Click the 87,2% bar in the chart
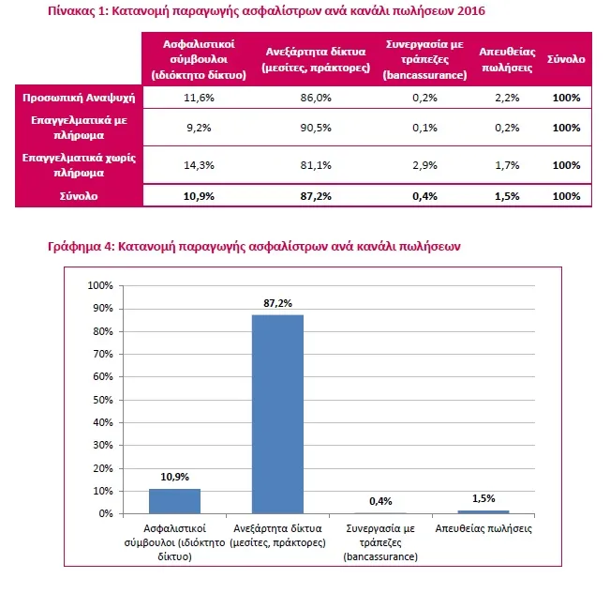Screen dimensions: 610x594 click(x=277, y=414)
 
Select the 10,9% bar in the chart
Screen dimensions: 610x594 click(x=174, y=501)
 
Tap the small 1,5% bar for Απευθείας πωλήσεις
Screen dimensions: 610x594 click(x=484, y=511)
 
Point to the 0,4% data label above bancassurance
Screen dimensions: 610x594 click(x=380, y=501)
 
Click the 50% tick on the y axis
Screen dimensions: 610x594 click(x=103, y=400)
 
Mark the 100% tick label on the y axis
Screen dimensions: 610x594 click(x=100, y=285)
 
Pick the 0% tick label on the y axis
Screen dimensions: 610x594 click(x=106, y=513)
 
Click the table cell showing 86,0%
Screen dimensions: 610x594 click(x=316, y=98)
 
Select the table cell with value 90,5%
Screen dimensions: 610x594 click(x=316, y=128)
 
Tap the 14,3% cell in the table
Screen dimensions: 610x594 click(x=199, y=165)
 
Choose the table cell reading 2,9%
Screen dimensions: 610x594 click(x=424, y=165)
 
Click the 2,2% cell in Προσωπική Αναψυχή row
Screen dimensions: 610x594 click(x=507, y=98)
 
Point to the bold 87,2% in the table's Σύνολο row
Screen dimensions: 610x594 click(x=316, y=196)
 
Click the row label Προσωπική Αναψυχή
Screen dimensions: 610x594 click(x=79, y=98)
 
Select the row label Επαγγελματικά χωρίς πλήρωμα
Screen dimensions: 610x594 click(x=79, y=165)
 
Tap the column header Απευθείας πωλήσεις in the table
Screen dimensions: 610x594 click(x=507, y=60)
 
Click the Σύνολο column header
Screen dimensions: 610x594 click(x=566, y=59)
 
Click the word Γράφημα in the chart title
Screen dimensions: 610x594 click(x=74, y=247)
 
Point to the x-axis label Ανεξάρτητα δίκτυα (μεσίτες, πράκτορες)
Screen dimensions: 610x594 click(x=277, y=536)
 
